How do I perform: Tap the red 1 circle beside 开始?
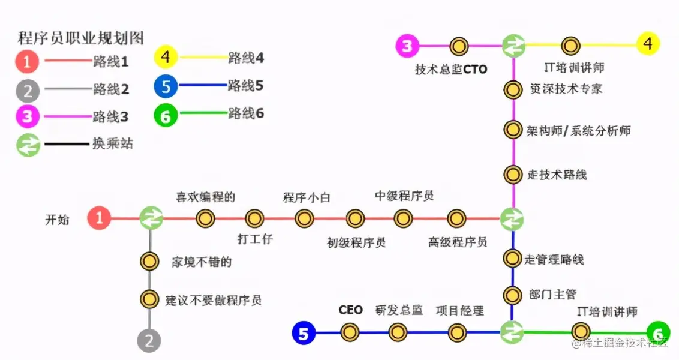pyautogui.click(x=100, y=218)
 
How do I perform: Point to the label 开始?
pyautogui.click(x=58, y=220)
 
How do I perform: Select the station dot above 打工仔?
pyautogui.click(x=255, y=218)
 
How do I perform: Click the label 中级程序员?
pyautogui.click(x=404, y=196)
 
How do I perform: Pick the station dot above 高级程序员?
pyautogui.click(x=457, y=218)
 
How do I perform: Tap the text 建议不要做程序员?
pyautogui.click(x=213, y=299)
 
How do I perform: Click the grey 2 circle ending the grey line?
pyautogui.click(x=149, y=341)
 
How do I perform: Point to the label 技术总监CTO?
pyautogui.click(x=451, y=69)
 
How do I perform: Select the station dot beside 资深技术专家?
pyautogui.click(x=512, y=90)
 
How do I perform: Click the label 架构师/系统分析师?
pyautogui.click(x=578, y=131)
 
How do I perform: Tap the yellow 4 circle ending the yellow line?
pyautogui.click(x=648, y=45)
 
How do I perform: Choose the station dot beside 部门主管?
pyautogui.click(x=512, y=295)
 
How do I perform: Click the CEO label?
pyautogui.click(x=351, y=310)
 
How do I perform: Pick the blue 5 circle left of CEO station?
pyautogui.click(x=304, y=333)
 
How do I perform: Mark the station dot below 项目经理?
pyautogui.click(x=457, y=332)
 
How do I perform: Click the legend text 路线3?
pyautogui.click(x=110, y=116)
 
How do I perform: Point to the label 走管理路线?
pyautogui.click(x=554, y=260)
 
